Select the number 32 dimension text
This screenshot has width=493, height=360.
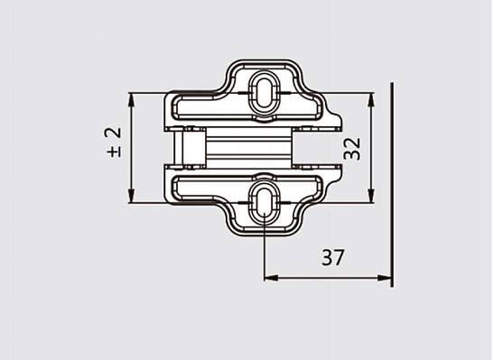click(x=354, y=147)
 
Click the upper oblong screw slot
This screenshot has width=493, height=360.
click(x=264, y=90)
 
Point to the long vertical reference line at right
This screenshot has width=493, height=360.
click(x=393, y=180)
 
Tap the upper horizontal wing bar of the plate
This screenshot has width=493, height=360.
click(x=208, y=109)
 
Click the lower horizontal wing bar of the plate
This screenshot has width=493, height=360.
click(x=208, y=187)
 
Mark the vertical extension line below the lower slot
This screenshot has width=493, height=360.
click(x=264, y=253)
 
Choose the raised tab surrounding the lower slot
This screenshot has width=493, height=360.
click(x=264, y=220)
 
